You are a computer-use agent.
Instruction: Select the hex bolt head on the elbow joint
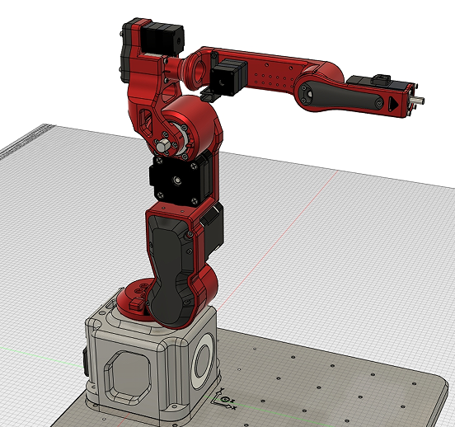tap(164, 146)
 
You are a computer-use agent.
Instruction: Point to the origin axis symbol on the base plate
tap(223, 401)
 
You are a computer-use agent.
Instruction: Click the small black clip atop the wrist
tap(380, 79)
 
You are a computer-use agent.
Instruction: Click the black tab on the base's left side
tap(86, 359)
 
